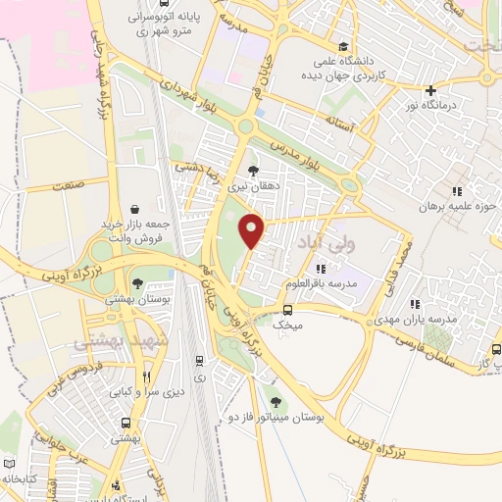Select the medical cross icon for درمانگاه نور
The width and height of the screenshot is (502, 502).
[x=429, y=91]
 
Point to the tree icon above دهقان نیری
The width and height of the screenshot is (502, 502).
[x=255, y=170]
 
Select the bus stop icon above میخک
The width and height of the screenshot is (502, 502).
[x=286, y=311]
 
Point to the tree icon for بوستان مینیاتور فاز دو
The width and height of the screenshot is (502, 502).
[x=275, y=401]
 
